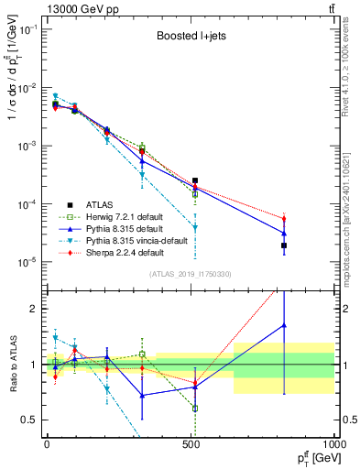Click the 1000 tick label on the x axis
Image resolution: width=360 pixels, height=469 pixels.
coord(333,444)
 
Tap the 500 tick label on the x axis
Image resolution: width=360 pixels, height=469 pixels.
coord(191,444)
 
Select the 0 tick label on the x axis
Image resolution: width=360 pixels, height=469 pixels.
coord(47,444)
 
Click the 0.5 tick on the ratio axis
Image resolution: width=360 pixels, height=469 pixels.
coord(30,420)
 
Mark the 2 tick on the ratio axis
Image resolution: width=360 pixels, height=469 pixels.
coord(34,309)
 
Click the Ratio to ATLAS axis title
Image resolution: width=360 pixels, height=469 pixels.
coord(11,364)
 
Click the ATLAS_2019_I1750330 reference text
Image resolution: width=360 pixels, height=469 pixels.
coord(191,274)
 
